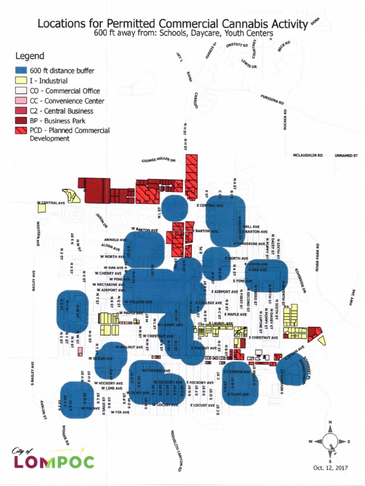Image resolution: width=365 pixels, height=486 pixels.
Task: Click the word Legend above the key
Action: (x=30, y=56)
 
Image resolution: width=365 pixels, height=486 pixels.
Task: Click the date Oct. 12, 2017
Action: (x=330, y=468)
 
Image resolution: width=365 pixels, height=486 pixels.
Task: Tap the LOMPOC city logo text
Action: (x=53, y=461)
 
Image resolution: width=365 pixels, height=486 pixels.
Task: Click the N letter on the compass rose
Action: (x=330, y=422)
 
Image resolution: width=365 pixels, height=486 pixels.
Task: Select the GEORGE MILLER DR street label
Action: (x=158, y=161)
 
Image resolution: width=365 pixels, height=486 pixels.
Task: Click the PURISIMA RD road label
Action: (x=272, y=99)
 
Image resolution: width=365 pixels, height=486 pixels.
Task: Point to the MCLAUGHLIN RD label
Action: (x=307, y=155)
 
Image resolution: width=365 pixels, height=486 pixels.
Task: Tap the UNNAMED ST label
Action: (x=346, y=155)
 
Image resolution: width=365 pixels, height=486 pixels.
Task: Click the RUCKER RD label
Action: (x=285, y=120)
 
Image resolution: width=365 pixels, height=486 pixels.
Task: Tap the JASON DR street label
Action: (x=102, y=221)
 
